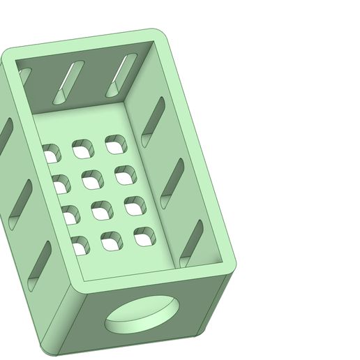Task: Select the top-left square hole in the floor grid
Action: coord(52,153)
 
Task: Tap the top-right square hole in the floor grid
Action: coord(115,144)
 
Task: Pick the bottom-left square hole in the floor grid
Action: coord(80,245)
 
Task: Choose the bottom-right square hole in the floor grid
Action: coord(144,237)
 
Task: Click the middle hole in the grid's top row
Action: coord(82,149)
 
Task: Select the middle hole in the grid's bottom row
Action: coord(112,241)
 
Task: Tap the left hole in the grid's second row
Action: coord(61,183)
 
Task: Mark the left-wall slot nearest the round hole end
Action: coord(39,264)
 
